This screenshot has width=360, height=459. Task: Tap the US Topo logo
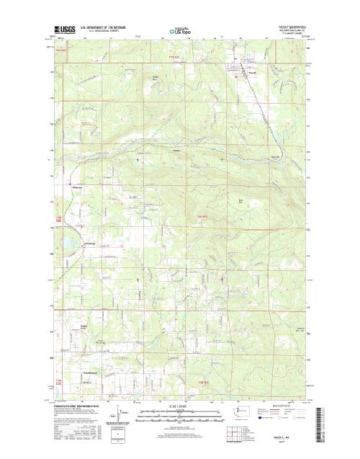click(x=179, y=31)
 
